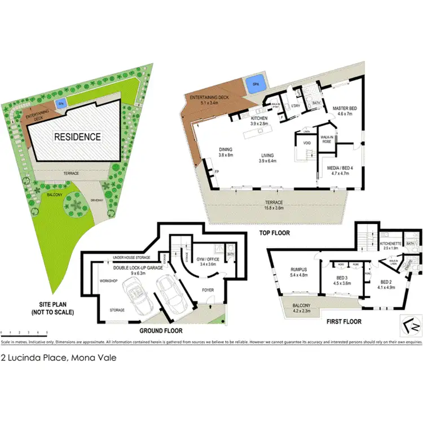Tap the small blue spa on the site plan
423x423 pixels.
(x=60, y=104)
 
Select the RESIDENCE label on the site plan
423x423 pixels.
(x=77, y=136)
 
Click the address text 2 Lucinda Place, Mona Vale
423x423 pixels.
(x=59, y=357)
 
